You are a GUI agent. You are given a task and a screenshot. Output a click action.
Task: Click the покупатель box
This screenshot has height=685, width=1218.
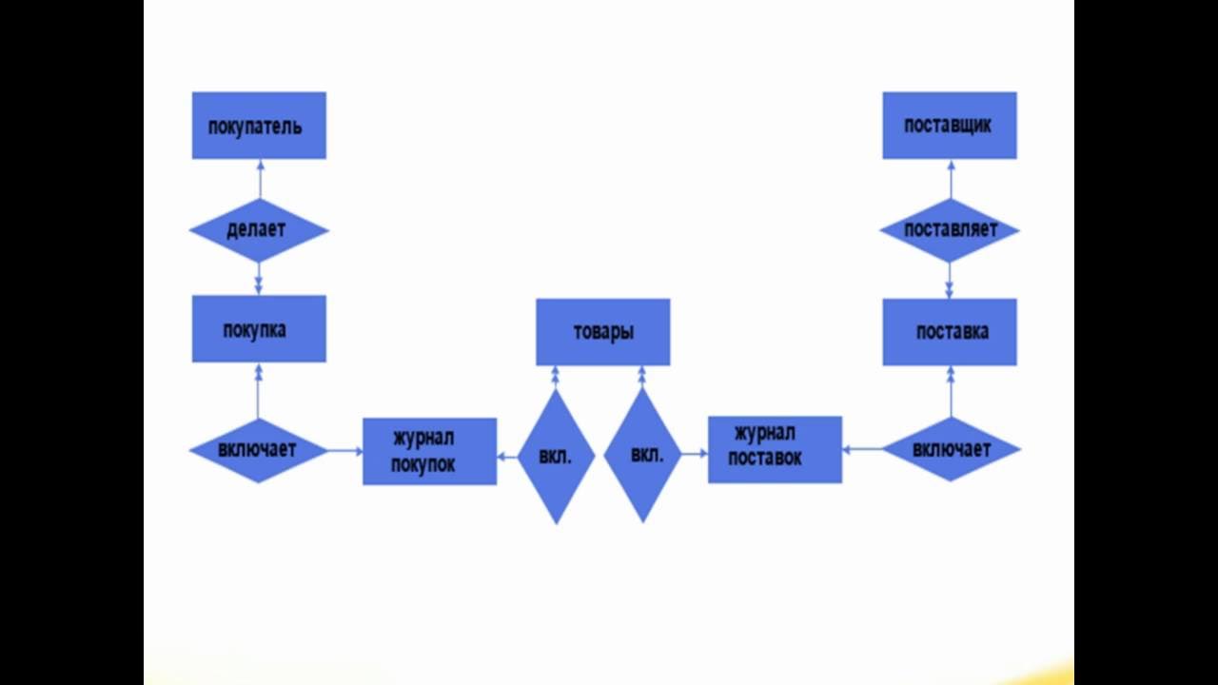pos(259,125)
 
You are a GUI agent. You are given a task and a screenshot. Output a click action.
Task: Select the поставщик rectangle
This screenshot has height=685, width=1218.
pos(949,125)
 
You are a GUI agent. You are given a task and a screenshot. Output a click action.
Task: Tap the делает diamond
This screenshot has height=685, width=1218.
pos(259,230)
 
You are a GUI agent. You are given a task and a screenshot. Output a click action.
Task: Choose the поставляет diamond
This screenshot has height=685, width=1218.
pos(949,230)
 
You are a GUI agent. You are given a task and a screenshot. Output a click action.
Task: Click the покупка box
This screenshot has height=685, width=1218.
pos(259,329)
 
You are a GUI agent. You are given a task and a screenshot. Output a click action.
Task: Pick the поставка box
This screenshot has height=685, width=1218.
pos(949,332)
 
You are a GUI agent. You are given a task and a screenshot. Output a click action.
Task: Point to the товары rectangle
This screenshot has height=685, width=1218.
pos(602,332)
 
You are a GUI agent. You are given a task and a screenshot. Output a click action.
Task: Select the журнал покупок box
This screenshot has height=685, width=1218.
pos(429,451)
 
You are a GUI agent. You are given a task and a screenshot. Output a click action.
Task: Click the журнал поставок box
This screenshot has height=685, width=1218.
pos(775,449)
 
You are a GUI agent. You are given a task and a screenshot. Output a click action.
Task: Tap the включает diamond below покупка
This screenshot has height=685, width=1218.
pos(259,450)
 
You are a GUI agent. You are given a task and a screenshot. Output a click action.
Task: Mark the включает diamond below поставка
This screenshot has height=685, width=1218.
pos(951,449)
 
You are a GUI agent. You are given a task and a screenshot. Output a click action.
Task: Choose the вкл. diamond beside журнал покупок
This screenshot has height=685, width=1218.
pos(556,457)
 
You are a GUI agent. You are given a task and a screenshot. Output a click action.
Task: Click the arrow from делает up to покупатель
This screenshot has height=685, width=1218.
pos(259,179)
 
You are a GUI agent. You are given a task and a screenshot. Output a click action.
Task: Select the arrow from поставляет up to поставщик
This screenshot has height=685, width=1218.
pos(950,179)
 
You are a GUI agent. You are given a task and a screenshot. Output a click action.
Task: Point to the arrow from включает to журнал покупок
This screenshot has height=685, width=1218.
pos(344,451)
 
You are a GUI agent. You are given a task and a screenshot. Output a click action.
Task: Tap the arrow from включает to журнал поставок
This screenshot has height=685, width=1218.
pos(862,449)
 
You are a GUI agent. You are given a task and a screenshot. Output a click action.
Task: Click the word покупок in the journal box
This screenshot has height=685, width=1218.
pos(428,465)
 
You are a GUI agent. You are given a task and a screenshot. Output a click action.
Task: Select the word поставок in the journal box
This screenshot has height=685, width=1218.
pos(765,459)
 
